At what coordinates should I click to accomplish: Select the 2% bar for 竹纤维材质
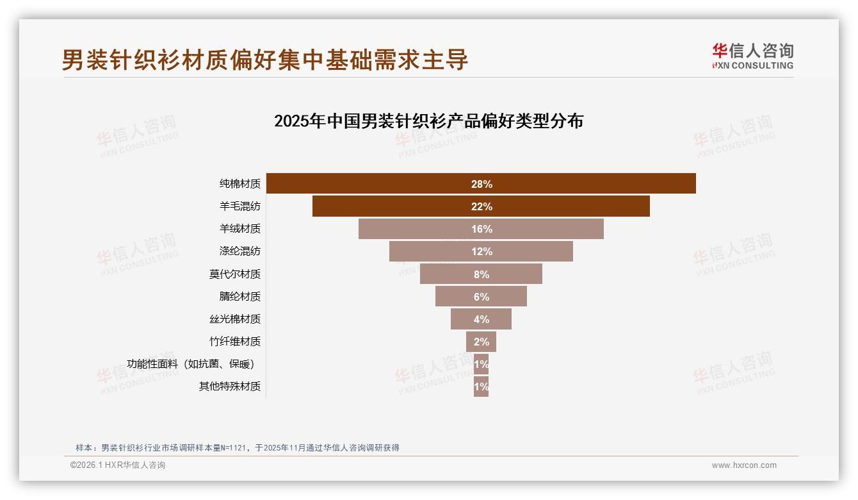click(x=481, y=342)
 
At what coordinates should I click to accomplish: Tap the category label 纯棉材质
click(x=239, y=184)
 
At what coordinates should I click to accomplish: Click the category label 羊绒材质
click(x=239, y=229)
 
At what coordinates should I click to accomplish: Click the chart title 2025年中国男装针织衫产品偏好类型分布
click(x=428, y=121)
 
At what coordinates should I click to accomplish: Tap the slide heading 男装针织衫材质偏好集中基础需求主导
click(x=265, y=60)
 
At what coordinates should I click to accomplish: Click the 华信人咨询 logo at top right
click(x=752, y=56)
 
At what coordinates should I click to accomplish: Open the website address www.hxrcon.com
click(x=743, y=465)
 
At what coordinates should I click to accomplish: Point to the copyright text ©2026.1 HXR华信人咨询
click(x=117, y=465)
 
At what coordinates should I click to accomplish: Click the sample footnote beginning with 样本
click(x=237, y=447)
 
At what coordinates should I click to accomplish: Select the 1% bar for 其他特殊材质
click(x=481, y=387)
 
